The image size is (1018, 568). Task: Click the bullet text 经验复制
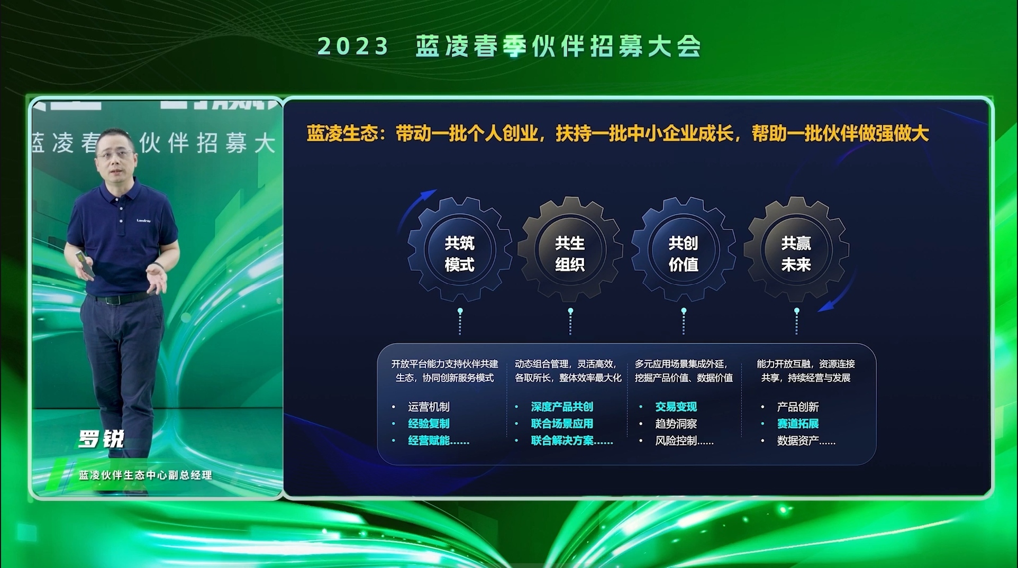(429, 424)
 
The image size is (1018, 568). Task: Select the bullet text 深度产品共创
(562, 407)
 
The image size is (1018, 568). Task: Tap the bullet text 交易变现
(676, 407)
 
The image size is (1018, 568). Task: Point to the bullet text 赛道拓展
(798, 424)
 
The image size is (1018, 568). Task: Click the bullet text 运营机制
(429, 407)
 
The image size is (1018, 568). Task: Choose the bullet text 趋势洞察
(676, 424)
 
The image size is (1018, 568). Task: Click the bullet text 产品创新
(798, 407)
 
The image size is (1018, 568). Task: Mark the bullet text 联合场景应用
(562, 424)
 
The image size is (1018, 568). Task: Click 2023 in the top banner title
(353, 47)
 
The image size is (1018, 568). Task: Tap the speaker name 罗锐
(101, 439)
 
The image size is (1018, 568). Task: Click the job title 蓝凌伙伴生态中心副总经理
(146, 475)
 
